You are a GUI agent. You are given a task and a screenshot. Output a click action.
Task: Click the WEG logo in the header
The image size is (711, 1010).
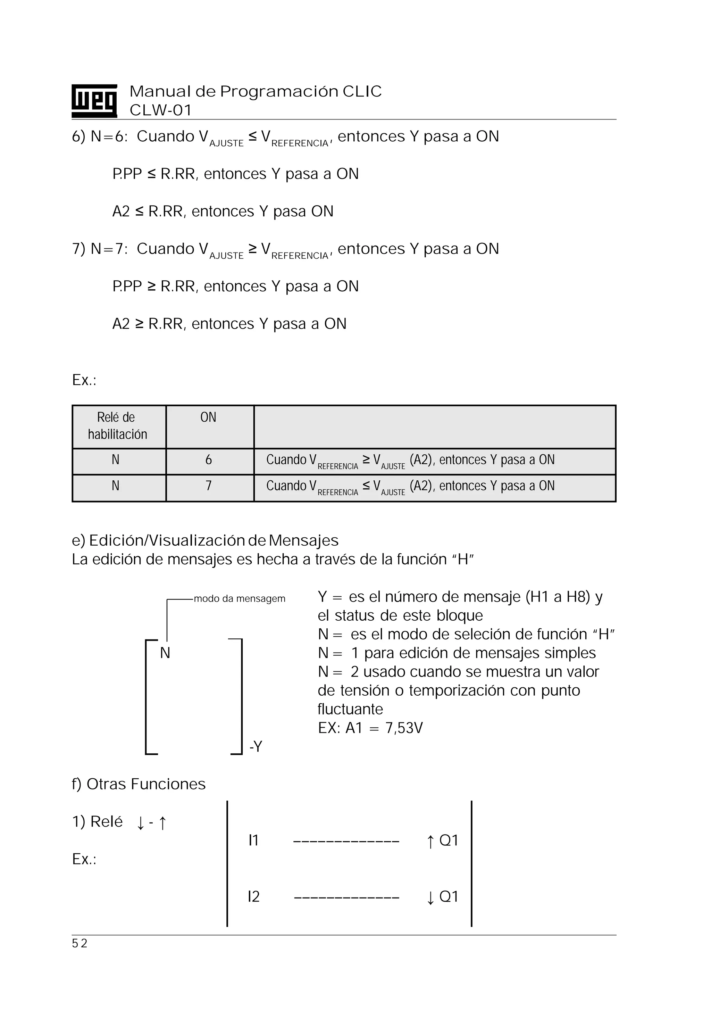click(x=94, y=101)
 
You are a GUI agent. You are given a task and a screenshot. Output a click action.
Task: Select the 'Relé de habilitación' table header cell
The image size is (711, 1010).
click(x=117, y=426)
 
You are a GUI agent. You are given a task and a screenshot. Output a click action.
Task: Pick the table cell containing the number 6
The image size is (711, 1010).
click(x=208, y=460)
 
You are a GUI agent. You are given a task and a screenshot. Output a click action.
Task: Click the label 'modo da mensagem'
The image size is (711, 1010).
click(x=240, y=599)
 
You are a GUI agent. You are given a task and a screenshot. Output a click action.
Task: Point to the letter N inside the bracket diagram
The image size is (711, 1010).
click(x=165, y=653)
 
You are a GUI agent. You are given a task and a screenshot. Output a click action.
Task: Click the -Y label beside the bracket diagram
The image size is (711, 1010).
click(x=256, y=746)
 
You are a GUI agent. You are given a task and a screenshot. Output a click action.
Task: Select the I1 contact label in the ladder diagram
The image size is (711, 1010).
click(x=253, y=840)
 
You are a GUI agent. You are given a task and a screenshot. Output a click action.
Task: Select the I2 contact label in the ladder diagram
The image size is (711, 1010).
click(x=254, y=896)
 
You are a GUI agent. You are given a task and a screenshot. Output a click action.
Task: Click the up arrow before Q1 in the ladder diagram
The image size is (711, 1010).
click(x=430, y=842)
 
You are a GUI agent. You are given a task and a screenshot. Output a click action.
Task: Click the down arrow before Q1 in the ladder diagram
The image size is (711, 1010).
click(x=430, y=897)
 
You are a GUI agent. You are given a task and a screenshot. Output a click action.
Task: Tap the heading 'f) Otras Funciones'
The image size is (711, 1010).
click(x=139, y=784)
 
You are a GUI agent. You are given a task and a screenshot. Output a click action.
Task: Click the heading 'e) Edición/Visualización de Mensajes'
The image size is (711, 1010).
click(x=205, y=540)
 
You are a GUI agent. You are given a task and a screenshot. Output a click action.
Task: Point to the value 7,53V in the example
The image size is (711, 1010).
click(x=404, y=728)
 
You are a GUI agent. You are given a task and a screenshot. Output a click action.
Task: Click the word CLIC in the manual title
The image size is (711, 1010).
click(x=362, y=91)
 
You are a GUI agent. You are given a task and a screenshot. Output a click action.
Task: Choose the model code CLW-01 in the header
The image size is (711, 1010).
click(x=160, y=110)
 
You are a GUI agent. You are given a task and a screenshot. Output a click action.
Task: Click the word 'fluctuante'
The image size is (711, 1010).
click(x=350, y=709)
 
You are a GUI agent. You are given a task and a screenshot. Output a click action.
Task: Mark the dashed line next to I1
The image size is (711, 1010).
click(x=346, y=842)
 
